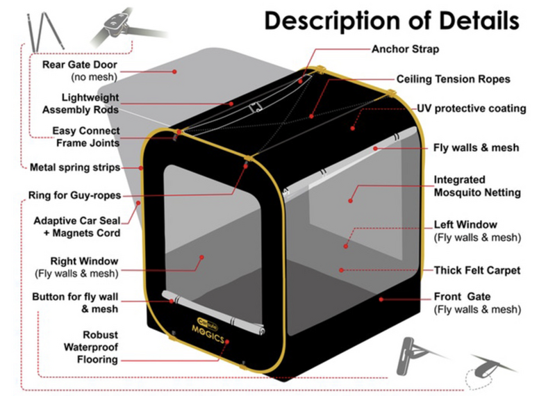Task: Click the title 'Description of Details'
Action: tap(391, 21)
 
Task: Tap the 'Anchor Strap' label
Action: tap(406, 49)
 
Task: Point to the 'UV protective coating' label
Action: tap(471, 109)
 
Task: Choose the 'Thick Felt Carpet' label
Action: tap(477, 270)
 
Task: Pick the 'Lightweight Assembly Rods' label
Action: tap(81, 104)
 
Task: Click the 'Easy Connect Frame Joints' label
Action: tap(86, 137)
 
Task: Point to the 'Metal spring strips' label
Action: tap(75, 167)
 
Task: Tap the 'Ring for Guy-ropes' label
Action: tap(76, 195)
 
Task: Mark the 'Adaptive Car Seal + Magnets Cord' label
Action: tap(76, 226)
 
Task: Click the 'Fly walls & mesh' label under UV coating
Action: tap(476, 148)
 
